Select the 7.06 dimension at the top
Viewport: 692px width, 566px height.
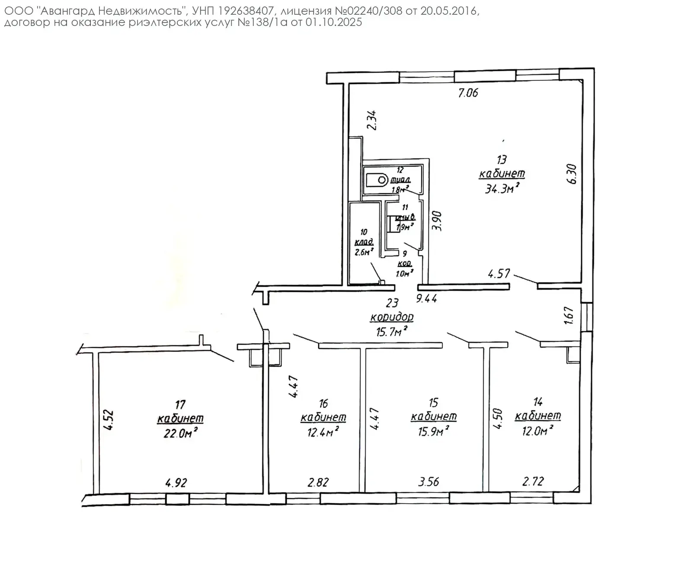pos(468,93)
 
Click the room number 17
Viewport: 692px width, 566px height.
pos(180,404)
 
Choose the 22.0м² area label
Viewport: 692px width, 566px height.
pos(180,433)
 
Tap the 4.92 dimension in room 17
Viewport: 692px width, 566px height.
pos(176,482)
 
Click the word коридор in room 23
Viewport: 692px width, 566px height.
pos(392,317)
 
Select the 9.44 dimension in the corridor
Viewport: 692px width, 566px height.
pos(426,298)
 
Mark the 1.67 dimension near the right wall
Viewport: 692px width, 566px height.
pos(569,316)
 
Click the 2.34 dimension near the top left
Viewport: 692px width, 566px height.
pos(372,121)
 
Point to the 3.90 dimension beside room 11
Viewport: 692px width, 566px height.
pos(438,221)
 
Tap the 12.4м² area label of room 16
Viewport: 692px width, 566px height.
pos(323,432)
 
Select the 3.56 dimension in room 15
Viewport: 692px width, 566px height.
pos(429,481)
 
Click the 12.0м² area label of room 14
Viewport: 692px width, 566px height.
pos(537,431)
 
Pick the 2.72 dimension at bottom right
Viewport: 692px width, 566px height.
pos(533,481)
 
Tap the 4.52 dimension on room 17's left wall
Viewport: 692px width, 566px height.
pos(109,419)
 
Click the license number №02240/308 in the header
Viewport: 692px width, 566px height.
pos(368,11)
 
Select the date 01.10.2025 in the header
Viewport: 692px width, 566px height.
pos(333,22)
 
